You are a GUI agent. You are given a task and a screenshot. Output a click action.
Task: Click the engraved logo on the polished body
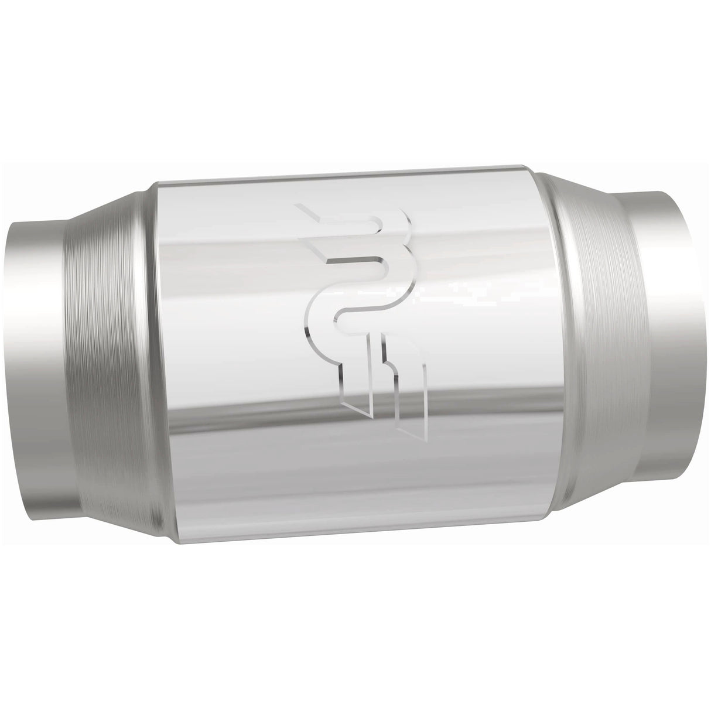coord(363,316)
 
